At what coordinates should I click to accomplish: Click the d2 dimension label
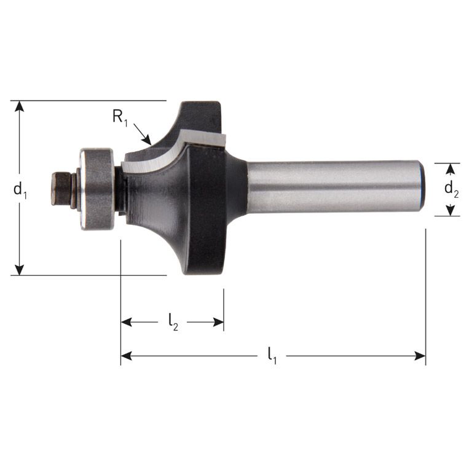tap(452, 188)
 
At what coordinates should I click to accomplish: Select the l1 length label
tap(272, 355)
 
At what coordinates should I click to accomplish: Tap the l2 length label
tap(173, 321)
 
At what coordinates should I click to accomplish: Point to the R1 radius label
tap(119, 116)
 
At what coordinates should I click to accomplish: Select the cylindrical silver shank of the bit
tap(332, 187)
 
